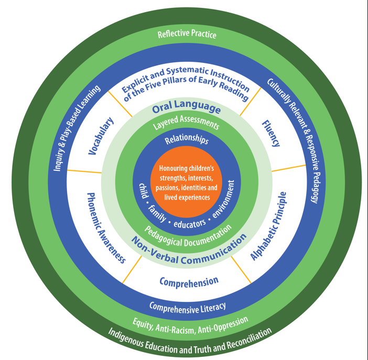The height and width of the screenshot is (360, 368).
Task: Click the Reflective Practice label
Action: coord(187,35)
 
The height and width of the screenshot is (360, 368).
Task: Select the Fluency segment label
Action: coord(270,134)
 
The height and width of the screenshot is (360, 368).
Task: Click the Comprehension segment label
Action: coord(189,281)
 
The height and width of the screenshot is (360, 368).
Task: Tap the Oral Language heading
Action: coord(186,108)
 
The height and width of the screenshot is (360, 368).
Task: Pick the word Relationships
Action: coord(187,140)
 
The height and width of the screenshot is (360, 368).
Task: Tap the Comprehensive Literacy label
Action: coord(187,306)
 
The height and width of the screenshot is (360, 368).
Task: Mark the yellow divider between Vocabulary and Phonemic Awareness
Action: coord(84,171)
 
